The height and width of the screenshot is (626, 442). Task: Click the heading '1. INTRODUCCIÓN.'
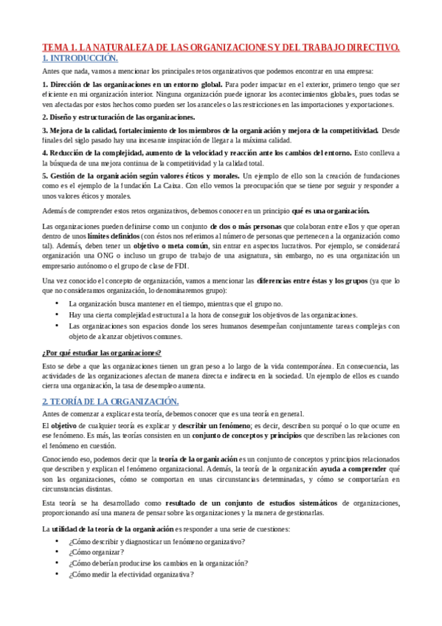tap(79, 58)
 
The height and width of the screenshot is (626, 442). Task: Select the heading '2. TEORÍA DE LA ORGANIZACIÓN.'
tap(110, 401)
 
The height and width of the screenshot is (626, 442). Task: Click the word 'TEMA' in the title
tap(55, 47)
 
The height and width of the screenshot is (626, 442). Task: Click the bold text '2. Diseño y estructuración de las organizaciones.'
tap(119, 117)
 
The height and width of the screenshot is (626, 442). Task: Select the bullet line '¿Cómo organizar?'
tap(96, 551)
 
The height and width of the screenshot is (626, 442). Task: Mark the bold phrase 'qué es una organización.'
tap(331, 211)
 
